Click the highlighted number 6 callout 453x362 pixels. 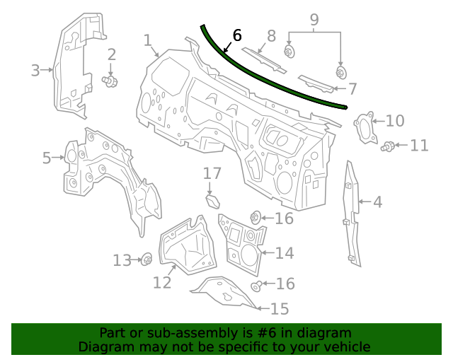coord(236,35)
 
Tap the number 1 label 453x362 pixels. coord(148,40)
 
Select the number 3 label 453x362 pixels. coord(35,69)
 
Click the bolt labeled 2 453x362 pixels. coord(110,82)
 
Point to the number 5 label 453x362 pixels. coord(47,158)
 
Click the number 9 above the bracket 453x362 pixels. coord(314,20)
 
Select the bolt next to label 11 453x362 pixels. coord(387,146)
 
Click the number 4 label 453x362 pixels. coord(377,203)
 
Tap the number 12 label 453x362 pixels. coord(162,282)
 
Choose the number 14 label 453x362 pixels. coord(284,253)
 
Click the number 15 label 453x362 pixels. coord(280,308)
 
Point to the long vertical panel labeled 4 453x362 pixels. coord(351,212)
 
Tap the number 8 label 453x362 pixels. coord(271,35)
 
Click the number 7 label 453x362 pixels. coord(352,89)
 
